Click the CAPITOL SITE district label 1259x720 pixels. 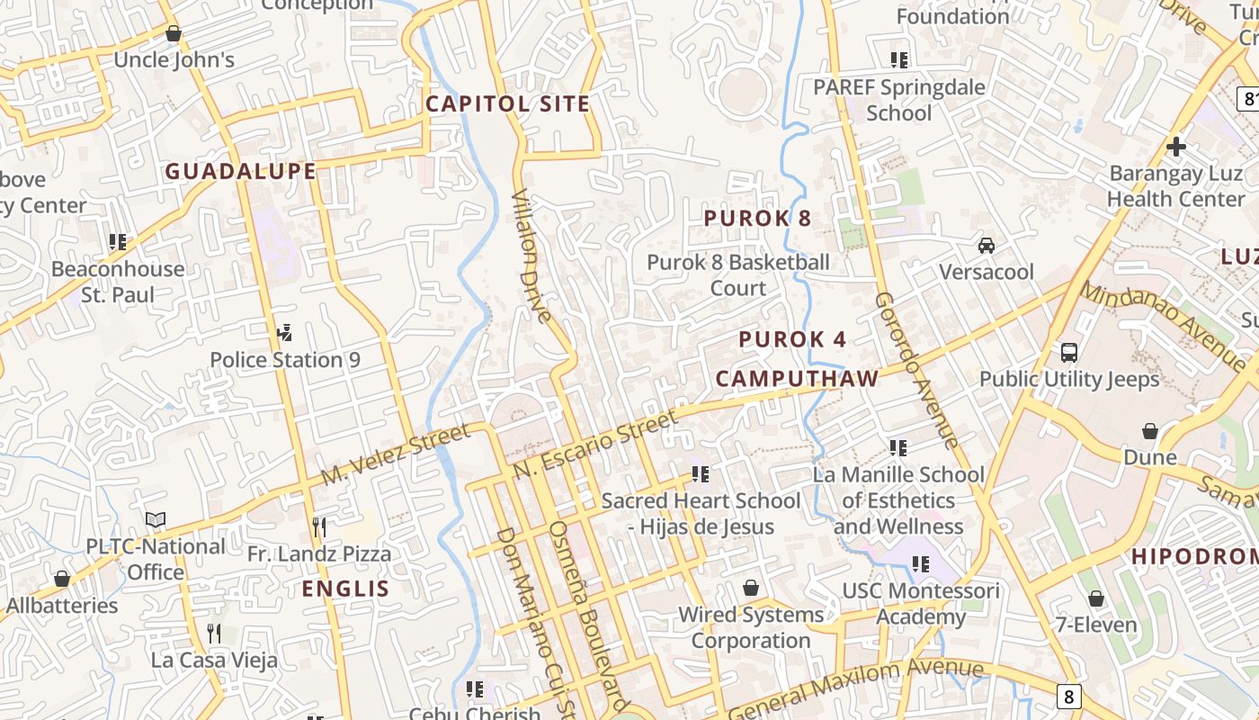coord(507,103)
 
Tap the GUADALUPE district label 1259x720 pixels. coord(240,171)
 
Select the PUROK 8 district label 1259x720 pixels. coord(757,218)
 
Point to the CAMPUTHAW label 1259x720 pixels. coord(797,378)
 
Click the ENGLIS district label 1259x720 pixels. coord(345,589)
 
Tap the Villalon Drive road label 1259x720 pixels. coord(531,256)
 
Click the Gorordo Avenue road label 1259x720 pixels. coord(916,369)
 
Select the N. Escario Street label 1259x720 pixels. coord(595,445)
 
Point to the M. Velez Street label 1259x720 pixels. coord(396,454)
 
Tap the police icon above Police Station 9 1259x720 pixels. coord(284,334)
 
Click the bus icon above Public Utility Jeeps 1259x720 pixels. coord(1069,353)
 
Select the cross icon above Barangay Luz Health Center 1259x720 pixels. coord(1175,147)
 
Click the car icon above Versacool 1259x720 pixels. coord(987,246)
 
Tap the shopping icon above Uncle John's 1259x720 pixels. coord(174,34)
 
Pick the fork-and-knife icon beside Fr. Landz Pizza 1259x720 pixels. coord(319,526)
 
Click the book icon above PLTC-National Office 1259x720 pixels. coord(156,520)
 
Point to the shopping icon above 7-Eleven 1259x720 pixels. coord(1096,598)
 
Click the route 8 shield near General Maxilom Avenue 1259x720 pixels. coord(1067,696)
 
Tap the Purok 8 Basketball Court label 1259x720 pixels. coord(738,274)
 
